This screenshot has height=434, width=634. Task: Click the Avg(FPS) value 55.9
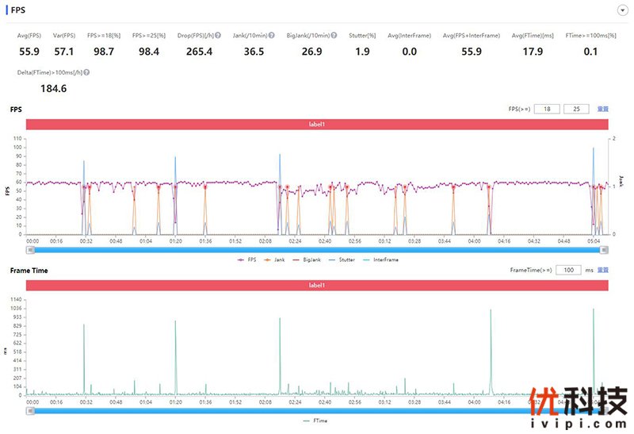[29, 52]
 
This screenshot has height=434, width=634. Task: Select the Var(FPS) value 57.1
[64, 52]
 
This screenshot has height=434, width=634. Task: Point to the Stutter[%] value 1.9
[363, 52]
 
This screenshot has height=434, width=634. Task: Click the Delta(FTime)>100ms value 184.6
[53, 88]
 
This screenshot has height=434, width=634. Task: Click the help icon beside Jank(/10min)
[272, 36]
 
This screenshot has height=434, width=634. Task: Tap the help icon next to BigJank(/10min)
[334, 36]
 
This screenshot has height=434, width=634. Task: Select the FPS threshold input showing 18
[545, 109]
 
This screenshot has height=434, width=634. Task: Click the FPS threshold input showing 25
[575, 109]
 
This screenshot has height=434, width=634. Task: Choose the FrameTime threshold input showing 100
[567, 271]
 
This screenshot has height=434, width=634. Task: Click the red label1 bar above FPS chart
[317, 125]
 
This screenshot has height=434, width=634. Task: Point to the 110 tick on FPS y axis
[18, 138]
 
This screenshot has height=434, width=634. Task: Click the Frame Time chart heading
[29, 271]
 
